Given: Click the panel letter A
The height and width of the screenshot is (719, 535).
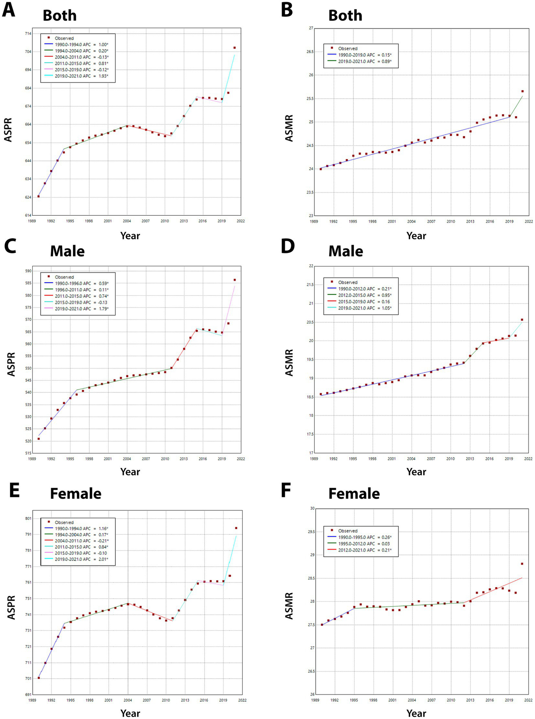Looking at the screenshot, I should tap(9, 10).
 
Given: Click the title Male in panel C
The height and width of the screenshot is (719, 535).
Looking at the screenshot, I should tap(67, 251).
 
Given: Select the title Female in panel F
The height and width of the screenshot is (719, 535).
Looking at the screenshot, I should tap(354, 494).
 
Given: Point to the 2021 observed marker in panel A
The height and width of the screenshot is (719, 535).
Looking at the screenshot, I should tap(235, 48).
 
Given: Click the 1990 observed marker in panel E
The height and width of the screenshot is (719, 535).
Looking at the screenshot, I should tap(39, 678).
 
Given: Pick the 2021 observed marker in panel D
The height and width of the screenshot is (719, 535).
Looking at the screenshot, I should tap(522, 320).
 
